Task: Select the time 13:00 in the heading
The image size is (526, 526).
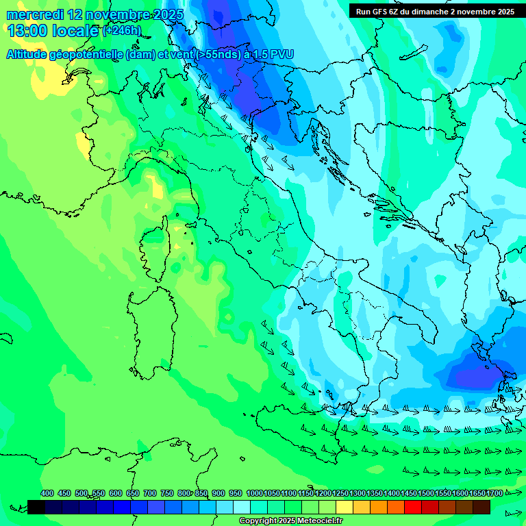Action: pos(29,30)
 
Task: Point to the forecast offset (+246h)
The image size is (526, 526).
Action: pos(121,31)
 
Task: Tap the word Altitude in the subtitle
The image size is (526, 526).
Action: pos(29,54)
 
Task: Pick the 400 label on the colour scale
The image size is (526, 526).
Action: pos(47,493)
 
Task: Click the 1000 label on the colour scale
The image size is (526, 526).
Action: pos(254,493)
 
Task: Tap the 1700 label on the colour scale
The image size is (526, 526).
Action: pos(494,493)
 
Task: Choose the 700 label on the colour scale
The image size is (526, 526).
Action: pos(150,493)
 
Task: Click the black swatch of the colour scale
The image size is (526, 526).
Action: pos(36,507)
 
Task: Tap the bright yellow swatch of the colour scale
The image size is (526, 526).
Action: pos(345,507)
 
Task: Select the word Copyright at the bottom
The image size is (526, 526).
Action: pos(257,521)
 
